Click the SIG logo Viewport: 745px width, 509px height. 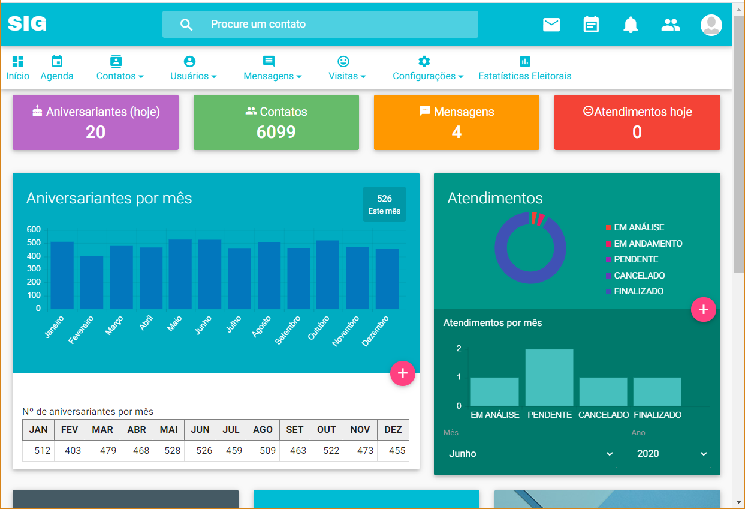pyautogui.click(x=27, y=24)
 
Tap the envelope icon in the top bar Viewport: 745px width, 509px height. pyautogui.click(x=551, y=25)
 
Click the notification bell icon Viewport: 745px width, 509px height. pyautogui.click(x=631, y=25)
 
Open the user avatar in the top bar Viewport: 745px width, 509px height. pyautogui.click(x=711, y=25)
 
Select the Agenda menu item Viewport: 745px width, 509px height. pyautogui.click(x=57, y=68)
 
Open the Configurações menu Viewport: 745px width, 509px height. pyautogui.click(x=427, y=68)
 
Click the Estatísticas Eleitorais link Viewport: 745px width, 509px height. pyautogui.click(x=524, y=68)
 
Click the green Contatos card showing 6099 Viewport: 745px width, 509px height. pyautogui.click(x=276, y=122)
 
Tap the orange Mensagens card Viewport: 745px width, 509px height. pyautogui.click(x=456, y=122)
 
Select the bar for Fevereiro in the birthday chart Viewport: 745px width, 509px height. pyautogui.click(x=92, y=282)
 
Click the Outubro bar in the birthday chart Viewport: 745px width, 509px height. pyautogui.click(x=328, y=274)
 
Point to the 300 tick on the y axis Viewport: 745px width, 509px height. pyautogui.click(x=34, y=269)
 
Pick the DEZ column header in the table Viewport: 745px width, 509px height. pyautogui.click(x=393, y=430)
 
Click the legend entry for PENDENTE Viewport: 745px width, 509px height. pyautogui.click(x=635, y=259)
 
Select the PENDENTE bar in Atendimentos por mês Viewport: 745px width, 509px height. pyautogui.click(x=549, y=378)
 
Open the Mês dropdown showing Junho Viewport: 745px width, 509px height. pyautogui.click(x=530, y=454)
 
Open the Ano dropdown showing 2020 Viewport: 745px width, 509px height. pyautogui.click(x=671, y=454)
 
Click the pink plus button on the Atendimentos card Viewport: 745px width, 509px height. pyautogui.click(x=703, y=310)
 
